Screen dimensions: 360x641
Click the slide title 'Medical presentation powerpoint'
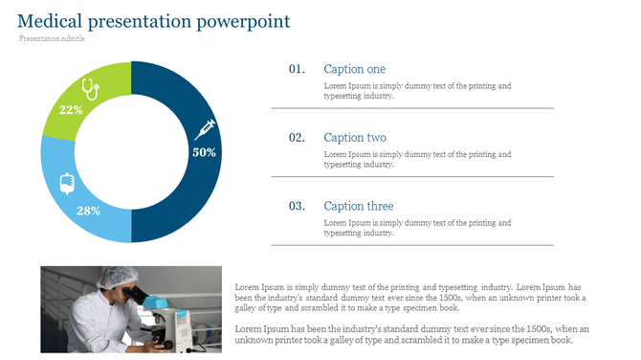pyautogui.click(x=154, y=21)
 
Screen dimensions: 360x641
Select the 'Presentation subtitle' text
pyautogui.click(x=52, y=39)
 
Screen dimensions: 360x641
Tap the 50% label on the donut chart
pyautogui.click(x=204, y=152)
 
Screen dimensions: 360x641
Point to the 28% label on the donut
pyautogui.click(x=88, y=211)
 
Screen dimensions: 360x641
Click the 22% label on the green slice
pyautogui.click(x=71, y=109)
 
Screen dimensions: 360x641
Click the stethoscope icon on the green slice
pyautogui.click(x=90, y=88)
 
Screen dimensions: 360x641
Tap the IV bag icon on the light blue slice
pyautogui.click(x=67, y=183)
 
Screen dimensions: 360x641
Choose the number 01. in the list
pyautogui.click(x=297, y=69)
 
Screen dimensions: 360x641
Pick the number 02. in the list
pyautogui.click(x=297, y=138)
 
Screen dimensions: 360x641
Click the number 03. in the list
pyautogui.click(x=297, y=206)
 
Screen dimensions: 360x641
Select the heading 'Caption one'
pyautogui.click(x=354, y=69)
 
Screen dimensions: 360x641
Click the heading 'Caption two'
pyautogui.click(x=354, y=138)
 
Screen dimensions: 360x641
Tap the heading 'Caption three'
pyautogui.click(x=358, y=206)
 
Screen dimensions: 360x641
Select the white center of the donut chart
pyautogui.click(x=131, y=152)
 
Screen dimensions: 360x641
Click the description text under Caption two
pyautogui.click(x=417, y=159)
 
